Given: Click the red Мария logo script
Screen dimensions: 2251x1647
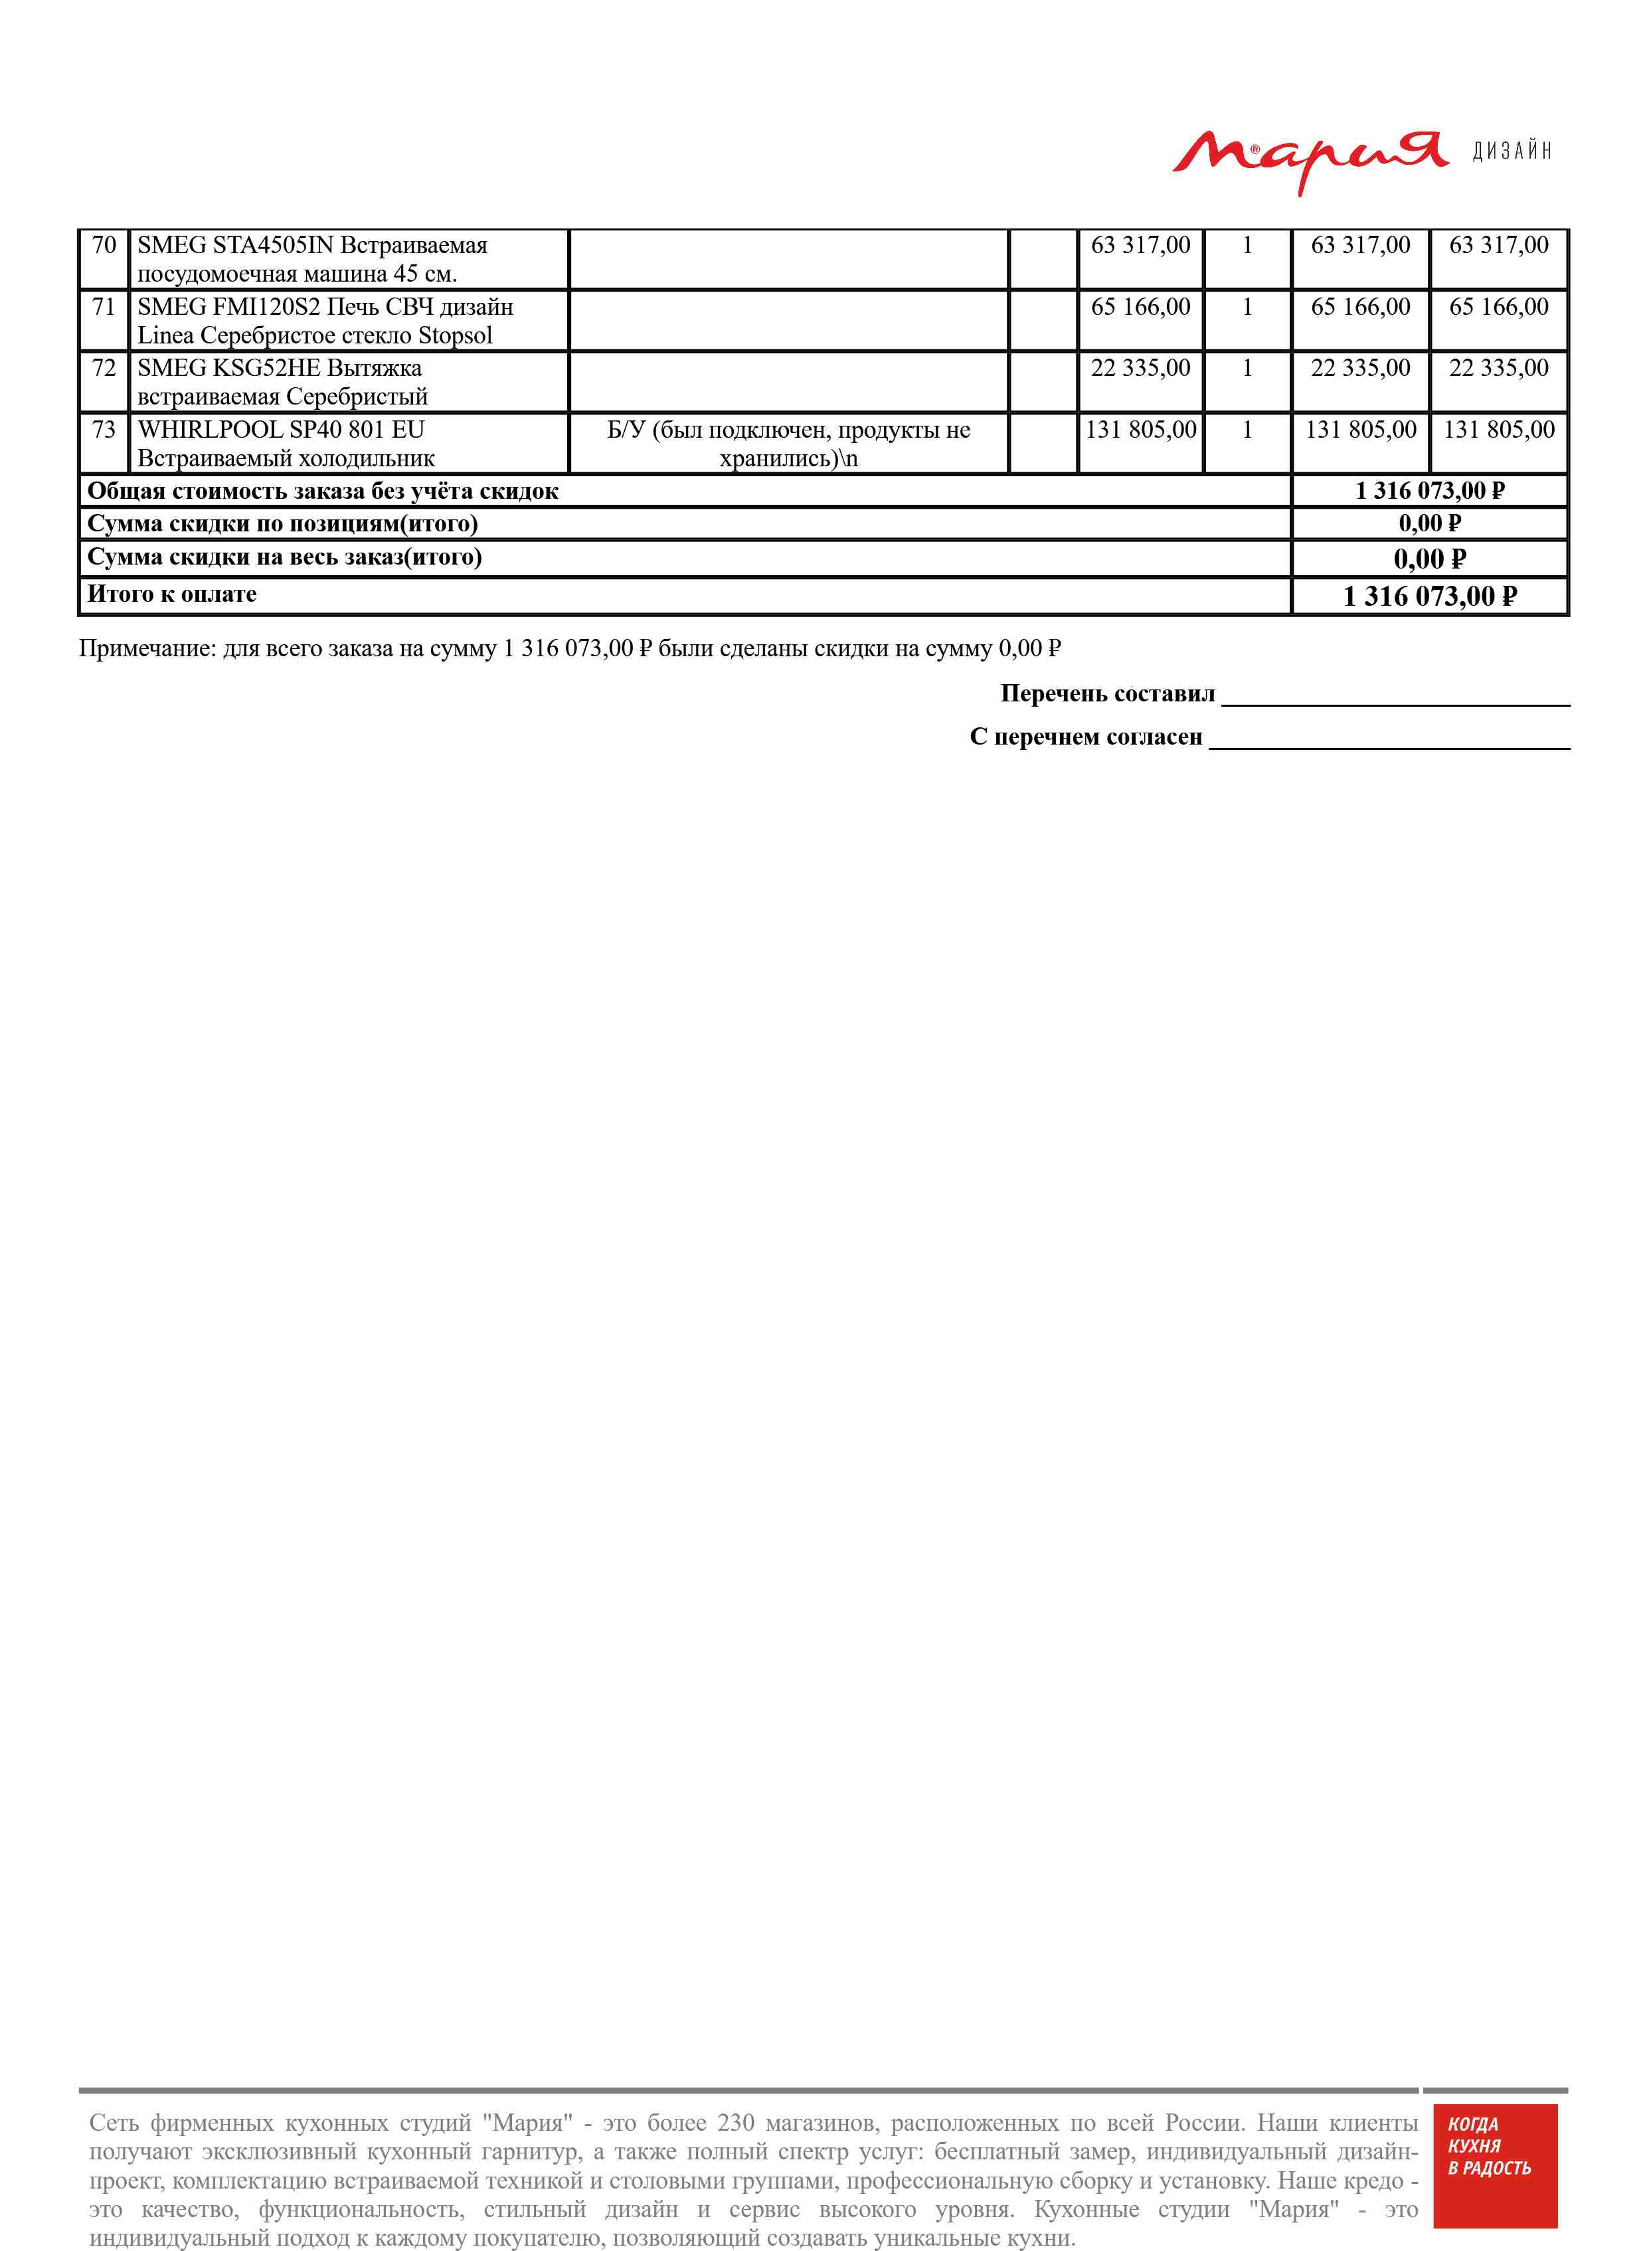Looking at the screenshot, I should [x=1308, y=157].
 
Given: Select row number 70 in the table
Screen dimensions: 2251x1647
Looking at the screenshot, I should [x=104, y=245].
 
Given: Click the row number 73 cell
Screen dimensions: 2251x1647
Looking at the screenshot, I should [x=104, y=430].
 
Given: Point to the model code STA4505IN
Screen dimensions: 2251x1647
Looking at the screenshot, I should [x=273, y=245].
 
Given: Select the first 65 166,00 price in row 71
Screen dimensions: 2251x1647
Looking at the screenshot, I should [x=1140, y=307].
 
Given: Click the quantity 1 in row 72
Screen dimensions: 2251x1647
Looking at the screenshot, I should [x=1247, y=368].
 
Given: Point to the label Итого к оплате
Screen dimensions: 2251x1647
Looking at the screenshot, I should [x=171, y=594].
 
